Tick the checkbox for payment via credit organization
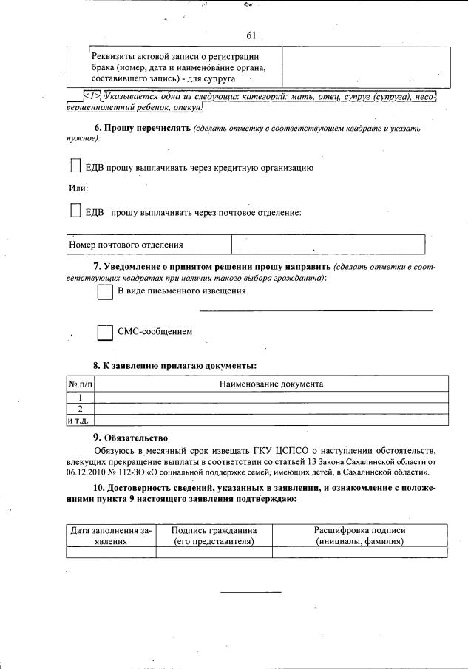click(75, 167)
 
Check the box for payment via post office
click(75, 211)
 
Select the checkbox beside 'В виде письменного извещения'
click(105, 292)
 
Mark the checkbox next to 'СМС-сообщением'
click(105, 333)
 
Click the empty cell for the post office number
click(328, 245)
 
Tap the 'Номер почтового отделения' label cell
click(148, 245)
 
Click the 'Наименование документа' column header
click(271, 384)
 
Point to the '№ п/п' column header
click(80, 384)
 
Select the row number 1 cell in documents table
click(80, 398)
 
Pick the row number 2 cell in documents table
click(80, 409)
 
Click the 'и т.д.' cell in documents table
click(80, 420)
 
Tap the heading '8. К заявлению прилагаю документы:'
click(174, 365)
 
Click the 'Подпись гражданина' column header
click(214, 535)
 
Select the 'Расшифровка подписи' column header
click(359, 535)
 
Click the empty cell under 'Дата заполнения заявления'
click(111, 551)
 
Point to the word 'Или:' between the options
click(78, 189)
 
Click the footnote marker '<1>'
click(92, 95)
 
